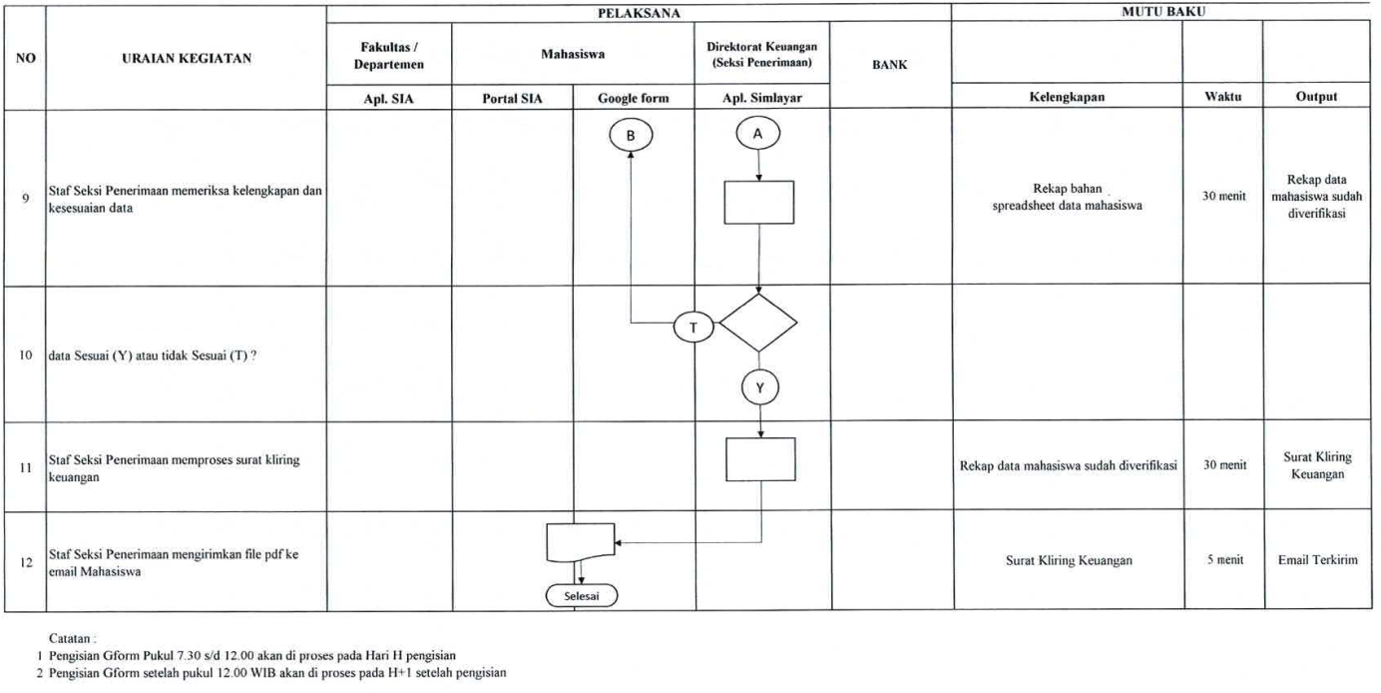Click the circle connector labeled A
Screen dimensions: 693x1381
point(758,133)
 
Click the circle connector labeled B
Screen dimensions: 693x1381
point(631,136)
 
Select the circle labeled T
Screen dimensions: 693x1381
point(693,328)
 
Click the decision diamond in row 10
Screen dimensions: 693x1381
point(758,323)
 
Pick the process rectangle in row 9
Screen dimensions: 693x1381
point(759,202)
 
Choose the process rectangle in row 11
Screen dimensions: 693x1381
point(760,459)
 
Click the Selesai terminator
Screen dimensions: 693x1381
point(582,596)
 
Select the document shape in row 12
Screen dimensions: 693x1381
point(581,542)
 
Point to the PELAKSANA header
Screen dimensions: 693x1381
point(639,13)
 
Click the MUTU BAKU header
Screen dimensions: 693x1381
point(1162,13)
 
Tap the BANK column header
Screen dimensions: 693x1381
point(889,65)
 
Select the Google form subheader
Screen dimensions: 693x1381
point(634,98)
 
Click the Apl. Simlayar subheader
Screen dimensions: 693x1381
point(762,98)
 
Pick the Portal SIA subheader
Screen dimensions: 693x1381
point(512,98)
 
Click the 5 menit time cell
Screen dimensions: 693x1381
point(1224,560)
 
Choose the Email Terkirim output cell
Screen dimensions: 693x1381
point(1317,560)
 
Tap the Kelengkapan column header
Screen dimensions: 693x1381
point(1067,97)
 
